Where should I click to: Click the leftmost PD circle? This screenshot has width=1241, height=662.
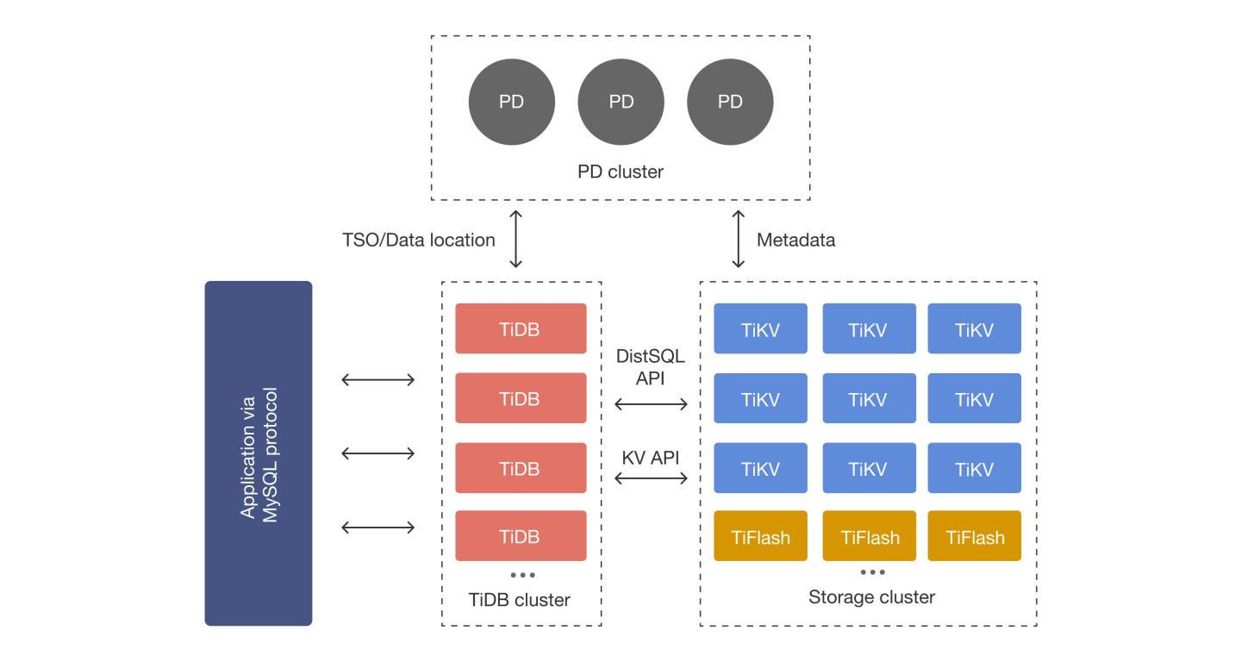[511, 102]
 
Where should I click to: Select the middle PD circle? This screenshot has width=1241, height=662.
[620, 102]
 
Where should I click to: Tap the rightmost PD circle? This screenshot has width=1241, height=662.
[730, 102]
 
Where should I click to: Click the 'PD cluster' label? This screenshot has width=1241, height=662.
[620, 172]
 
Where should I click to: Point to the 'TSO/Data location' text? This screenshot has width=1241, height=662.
[419, 240]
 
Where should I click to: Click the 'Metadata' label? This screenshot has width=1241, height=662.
[795, 240]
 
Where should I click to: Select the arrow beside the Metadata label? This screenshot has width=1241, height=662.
[738, 239]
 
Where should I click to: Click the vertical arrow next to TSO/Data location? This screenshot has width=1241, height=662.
[516, 239]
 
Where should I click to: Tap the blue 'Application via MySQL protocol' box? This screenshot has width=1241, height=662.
[259, 453]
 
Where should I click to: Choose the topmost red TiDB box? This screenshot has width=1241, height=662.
[521, 328]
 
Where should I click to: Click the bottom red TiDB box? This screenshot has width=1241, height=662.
[521, 536]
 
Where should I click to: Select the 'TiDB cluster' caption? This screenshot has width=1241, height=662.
[519, 600]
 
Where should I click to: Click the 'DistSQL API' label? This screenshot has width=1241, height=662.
[651, 367]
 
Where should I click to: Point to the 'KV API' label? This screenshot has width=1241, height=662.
[651, 458]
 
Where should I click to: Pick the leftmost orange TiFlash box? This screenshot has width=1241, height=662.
[760, 536]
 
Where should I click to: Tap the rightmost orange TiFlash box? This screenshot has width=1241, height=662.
[975, 536]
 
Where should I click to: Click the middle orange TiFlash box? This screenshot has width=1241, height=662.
[869, 536]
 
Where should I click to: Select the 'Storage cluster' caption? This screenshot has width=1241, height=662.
[871, 596]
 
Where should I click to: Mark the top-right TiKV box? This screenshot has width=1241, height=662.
[975, 328]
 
